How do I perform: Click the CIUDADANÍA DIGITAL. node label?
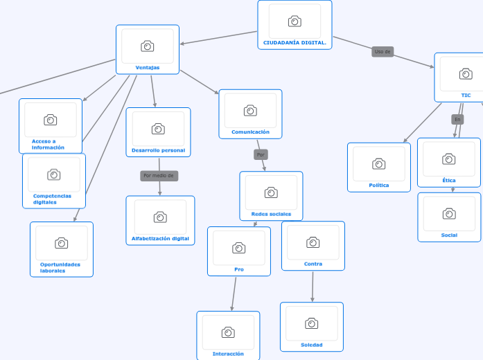(295, 43)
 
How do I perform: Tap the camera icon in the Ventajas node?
(148, 46)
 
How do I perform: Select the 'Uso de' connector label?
(383, 51)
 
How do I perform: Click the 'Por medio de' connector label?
(159, 176)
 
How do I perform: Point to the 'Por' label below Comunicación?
(261, 154)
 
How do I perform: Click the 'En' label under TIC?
(457, 120)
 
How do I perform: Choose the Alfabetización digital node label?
(160, 238)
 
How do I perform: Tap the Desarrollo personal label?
(158, 150)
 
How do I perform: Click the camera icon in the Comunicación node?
(250, 111)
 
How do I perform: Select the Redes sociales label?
(271, 214)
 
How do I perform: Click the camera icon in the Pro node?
(239, 248)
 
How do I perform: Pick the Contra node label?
(313, 264)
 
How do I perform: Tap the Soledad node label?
(312, 345)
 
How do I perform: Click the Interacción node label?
(228, 354)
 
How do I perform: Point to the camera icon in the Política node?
(379, 164)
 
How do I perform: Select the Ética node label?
(449, 180)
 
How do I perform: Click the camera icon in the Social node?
(449, 214)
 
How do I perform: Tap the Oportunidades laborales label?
(60, 267)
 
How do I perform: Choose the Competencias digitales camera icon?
(54, 174)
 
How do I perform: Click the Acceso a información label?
(48, 144)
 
